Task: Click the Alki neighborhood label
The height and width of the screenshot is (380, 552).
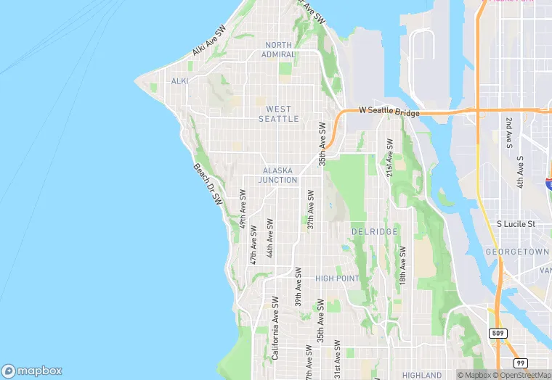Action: (179, 81)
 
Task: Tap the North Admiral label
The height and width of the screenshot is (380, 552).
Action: (279, 49)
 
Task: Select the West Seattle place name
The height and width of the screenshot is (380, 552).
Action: (278, 114)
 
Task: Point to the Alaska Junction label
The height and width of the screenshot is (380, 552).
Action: (280, 175)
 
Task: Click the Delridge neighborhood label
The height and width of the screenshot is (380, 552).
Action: (374, 231)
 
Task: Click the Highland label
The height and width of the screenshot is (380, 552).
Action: (422, 375)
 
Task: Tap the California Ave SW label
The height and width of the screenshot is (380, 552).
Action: (275, 328)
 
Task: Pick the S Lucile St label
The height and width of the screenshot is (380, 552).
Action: (516, 225)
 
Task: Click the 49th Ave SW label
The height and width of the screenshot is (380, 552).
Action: (243, 210)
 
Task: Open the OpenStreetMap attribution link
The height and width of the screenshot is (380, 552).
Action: (522, 375)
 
